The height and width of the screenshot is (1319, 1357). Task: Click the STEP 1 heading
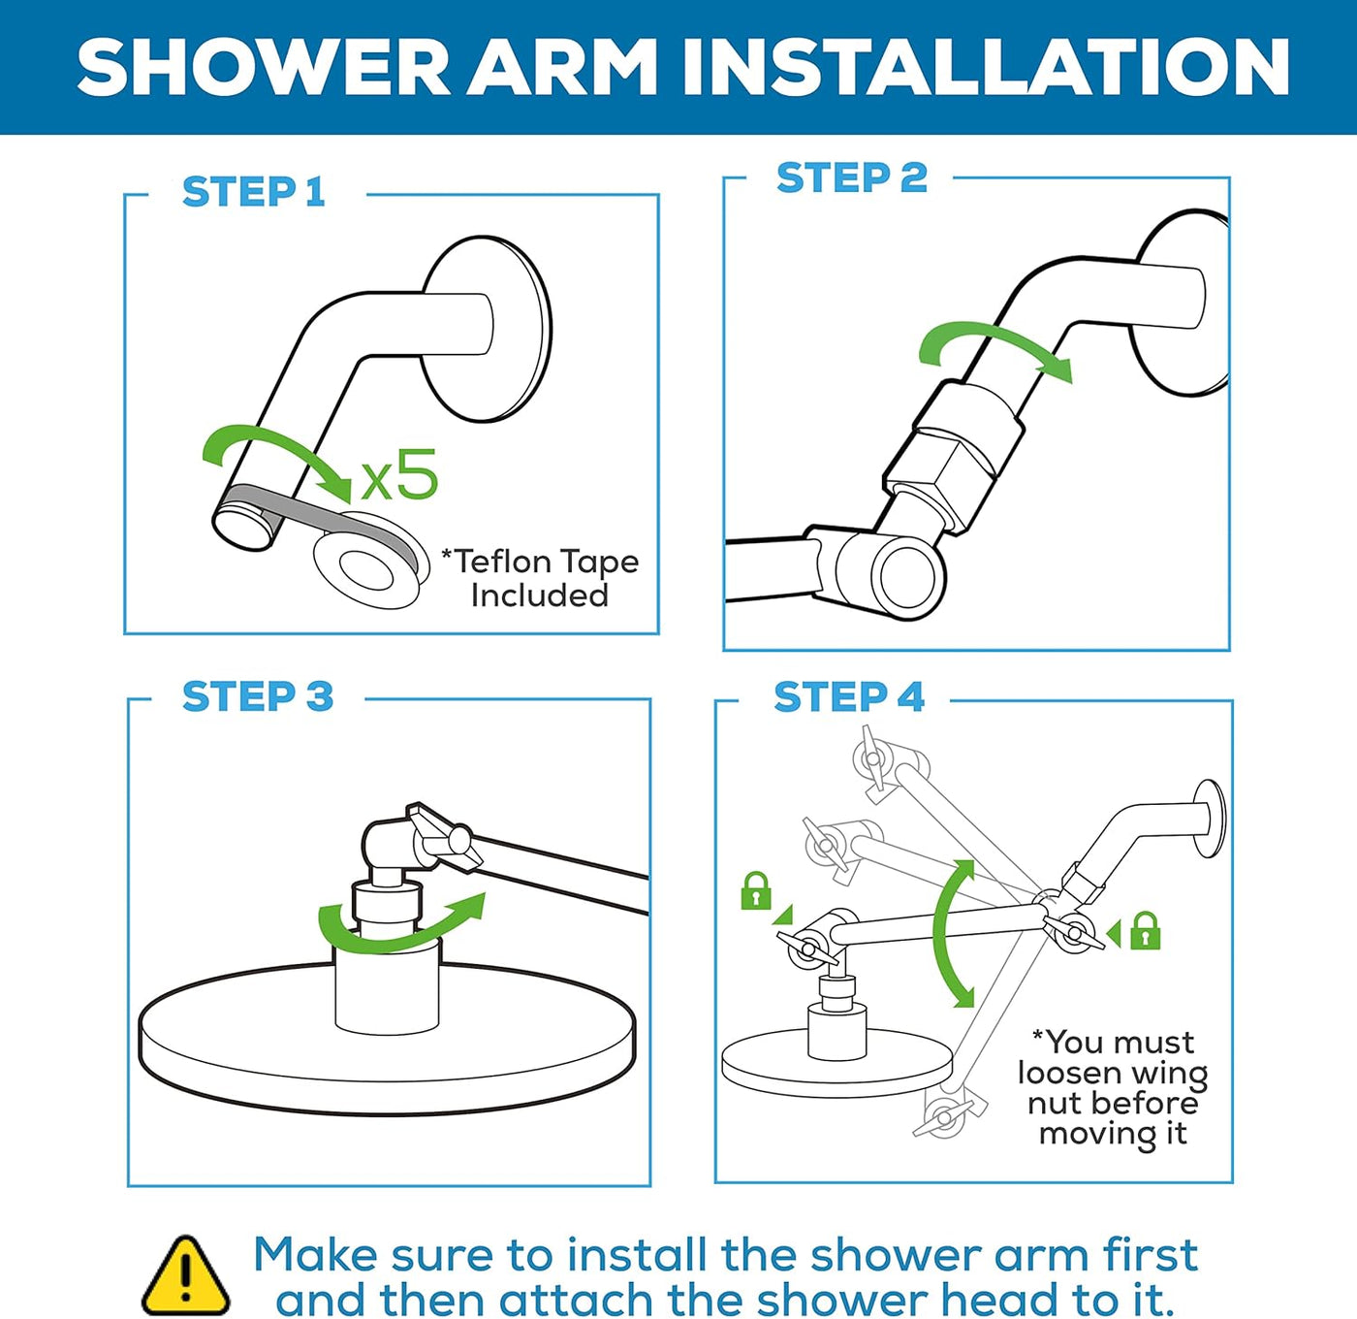253,192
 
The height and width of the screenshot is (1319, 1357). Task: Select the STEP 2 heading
851,178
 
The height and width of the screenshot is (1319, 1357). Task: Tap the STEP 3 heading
257,697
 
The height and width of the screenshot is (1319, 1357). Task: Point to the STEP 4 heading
848,697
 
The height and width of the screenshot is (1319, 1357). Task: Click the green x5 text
399,475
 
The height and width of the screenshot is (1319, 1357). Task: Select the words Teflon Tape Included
540,578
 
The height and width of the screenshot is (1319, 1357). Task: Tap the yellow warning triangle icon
186,1276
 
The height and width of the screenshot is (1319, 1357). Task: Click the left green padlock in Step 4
755,890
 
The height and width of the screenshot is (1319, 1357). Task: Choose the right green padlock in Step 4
1145,930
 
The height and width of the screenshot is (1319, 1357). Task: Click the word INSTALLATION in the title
985,67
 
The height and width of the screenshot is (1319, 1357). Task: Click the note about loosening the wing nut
1112,1087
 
